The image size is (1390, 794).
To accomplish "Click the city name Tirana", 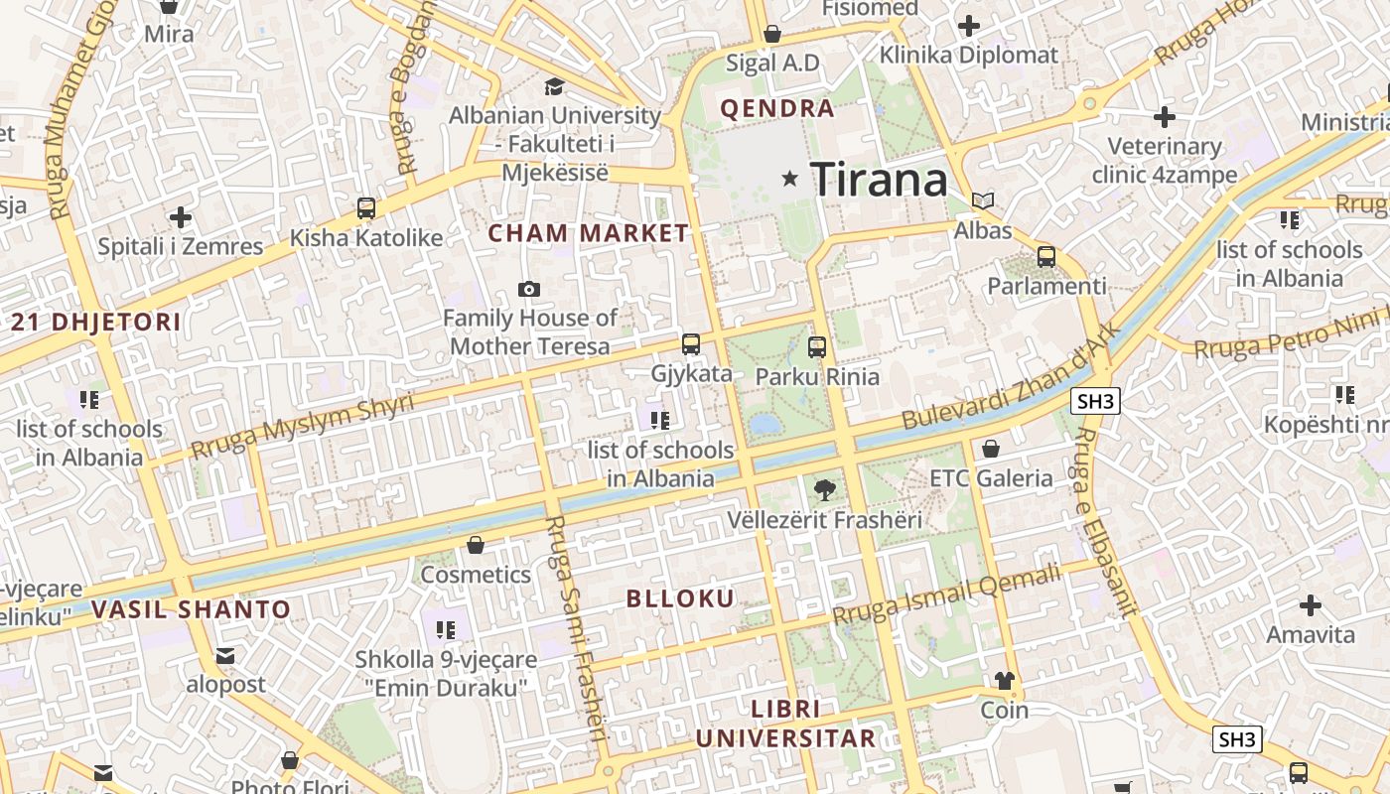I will (x=880, y=180).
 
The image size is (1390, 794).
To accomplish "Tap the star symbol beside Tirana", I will (x=790, y=179).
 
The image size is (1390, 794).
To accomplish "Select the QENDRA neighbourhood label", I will (x=777, y=109).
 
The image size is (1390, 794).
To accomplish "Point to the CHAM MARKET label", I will (x=589, y=234).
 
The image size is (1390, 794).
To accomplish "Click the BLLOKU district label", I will (x=681, y=598).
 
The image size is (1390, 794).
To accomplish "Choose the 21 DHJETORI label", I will (x=96, y=322).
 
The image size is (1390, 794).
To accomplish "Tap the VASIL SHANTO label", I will (x=191, y=609).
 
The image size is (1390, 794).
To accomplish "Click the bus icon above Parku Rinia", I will (x=817, y=347).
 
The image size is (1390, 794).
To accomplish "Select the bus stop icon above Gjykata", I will (x=691, y=344).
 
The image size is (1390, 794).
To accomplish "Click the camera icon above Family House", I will (x=529, y=289).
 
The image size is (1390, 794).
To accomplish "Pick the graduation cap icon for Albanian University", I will (x=554, y=87).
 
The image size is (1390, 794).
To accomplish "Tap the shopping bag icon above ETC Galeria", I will (x=990, y=449).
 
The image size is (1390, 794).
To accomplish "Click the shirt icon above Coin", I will (x=1005, y=681).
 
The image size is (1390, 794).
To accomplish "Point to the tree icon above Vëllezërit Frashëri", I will (x=824, y=489).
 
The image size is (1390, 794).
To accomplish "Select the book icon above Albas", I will (x=983, y=201).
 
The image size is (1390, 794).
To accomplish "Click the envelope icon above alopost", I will (x=225, y=655).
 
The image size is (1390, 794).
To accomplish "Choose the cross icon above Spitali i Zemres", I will (x=180, y=217).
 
